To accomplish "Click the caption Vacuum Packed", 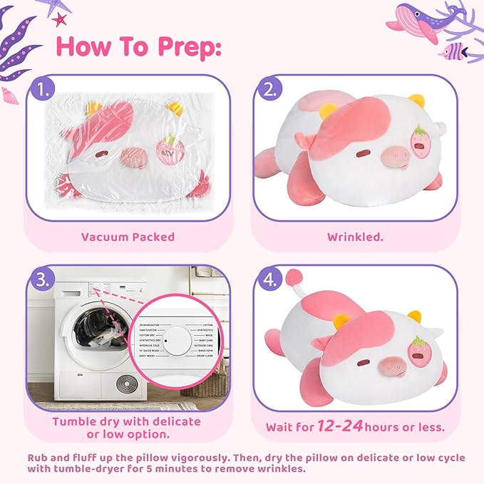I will coord(128,237).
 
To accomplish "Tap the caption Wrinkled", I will coord(355,237).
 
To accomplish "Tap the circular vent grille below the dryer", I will coord(128,383).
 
